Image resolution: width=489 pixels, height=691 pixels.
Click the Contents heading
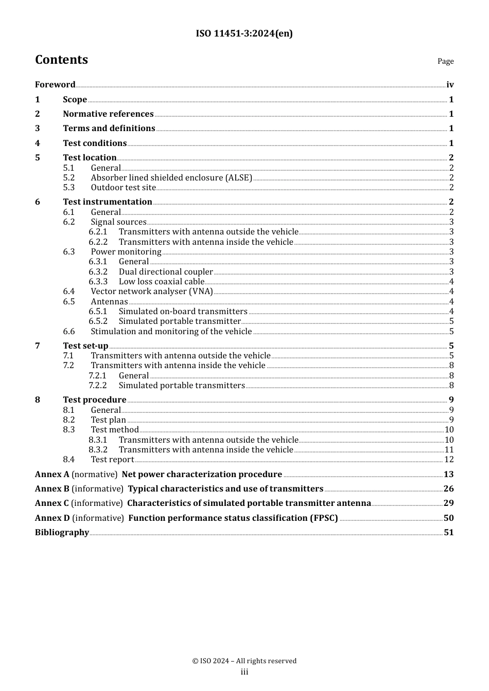tap(61, 60)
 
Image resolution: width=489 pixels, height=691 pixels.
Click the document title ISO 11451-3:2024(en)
tap(244, 33)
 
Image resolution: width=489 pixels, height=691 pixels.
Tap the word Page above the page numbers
tap(445, 61)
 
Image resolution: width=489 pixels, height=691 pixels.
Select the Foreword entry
tap(55, 85)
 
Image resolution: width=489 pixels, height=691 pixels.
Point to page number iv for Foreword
tap(450, 85)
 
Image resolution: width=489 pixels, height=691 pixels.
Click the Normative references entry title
tap(108, 114)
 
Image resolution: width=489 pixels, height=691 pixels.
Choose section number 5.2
tap(69, 178)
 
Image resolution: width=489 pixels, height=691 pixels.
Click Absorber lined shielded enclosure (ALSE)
tap(171, 178)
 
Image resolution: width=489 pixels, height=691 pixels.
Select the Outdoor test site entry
tap(123, 188)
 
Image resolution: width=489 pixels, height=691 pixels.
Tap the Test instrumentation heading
tap(108, 202)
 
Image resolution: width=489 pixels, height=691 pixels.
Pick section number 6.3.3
tap(98, 282)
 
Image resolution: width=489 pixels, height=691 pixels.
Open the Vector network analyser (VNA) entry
tap(152, 292)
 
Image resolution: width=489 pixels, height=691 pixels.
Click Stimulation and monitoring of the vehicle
tap(171, 332)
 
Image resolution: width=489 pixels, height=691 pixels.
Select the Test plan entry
tap(108, 420)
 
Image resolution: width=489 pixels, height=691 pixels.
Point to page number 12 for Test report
tap(449, 460)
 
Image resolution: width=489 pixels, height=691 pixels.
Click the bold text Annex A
tap(52, 475)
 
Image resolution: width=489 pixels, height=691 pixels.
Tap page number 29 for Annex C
tap(448, 503)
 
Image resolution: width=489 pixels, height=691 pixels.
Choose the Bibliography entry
tap(62, 533)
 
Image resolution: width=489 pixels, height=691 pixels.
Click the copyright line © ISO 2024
tap(244, 661)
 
